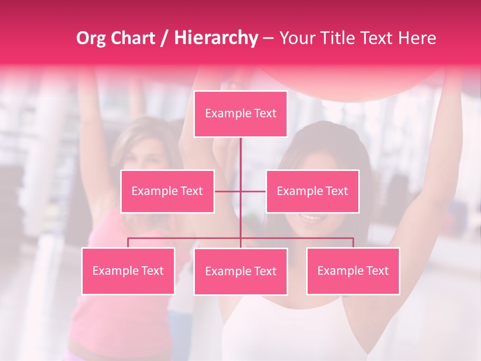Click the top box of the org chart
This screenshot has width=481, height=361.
pos(241,114)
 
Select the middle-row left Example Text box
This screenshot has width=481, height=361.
pos(167,191)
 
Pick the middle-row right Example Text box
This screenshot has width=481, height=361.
pos(312,191)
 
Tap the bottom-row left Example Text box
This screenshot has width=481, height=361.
pos(128,271)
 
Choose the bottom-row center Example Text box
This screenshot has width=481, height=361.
pos(241,271)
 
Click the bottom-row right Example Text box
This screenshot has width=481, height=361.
pos(353,271)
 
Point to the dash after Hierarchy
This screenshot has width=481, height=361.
pos(268,38)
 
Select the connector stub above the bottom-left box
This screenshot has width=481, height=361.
pos(128,243)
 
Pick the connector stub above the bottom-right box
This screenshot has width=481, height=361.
pos(353,243)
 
